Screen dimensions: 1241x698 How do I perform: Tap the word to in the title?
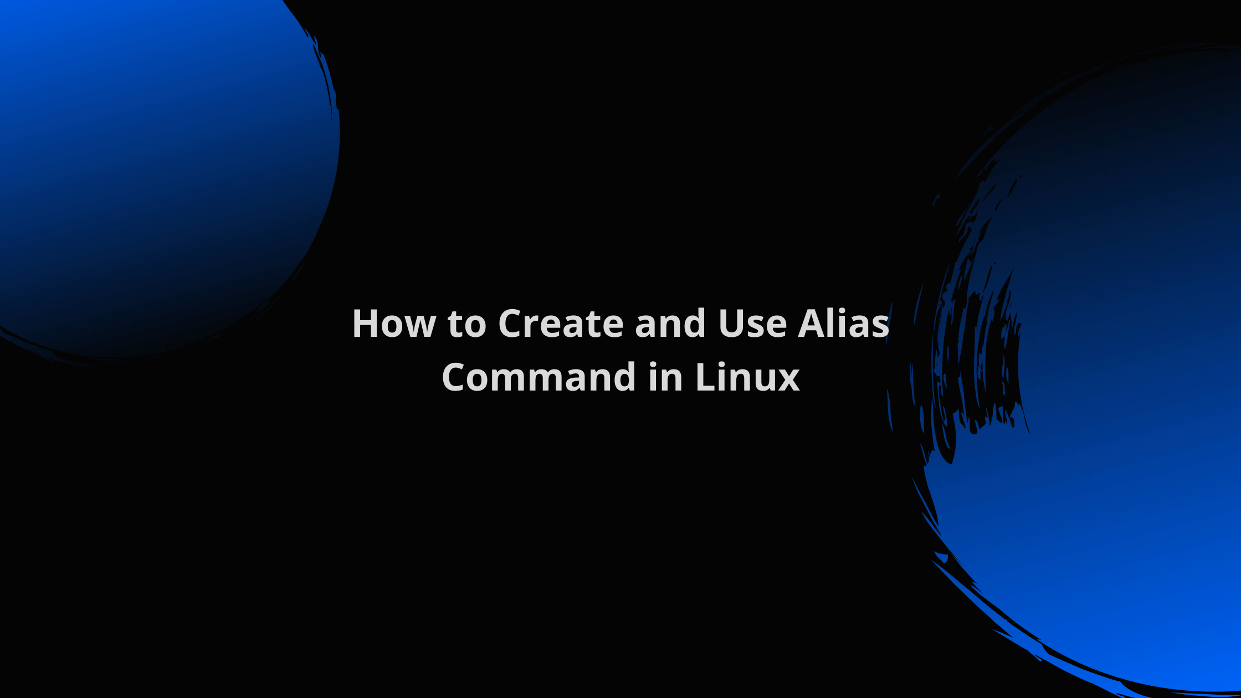point(467,324)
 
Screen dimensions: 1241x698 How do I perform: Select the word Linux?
point(747,377)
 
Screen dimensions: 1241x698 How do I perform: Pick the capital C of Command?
point(454,377)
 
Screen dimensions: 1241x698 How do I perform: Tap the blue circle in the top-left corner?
point(155,166)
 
